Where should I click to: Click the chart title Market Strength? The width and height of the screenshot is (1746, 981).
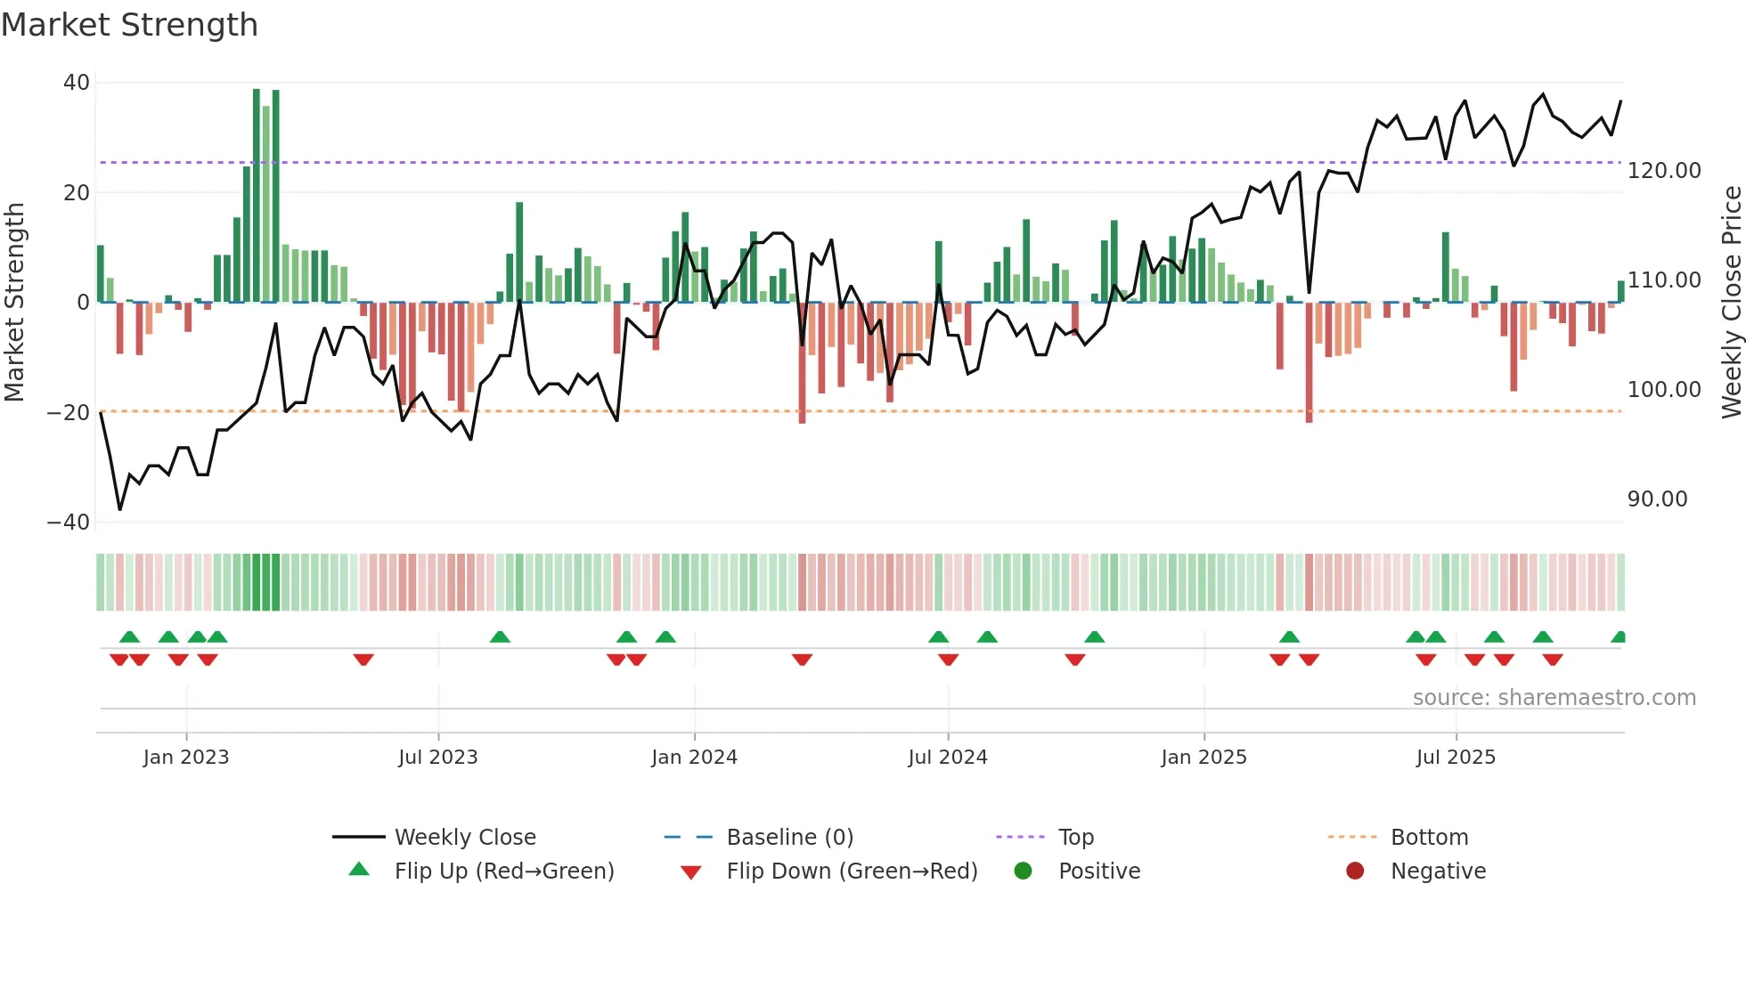pyautogui.click(x=129, y=25)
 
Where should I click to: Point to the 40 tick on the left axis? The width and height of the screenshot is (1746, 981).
pyautogui.click(x=77, y=83)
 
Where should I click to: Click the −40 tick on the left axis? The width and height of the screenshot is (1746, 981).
pyautogui.click(x=69, y=523)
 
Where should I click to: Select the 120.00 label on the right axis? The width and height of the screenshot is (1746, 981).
pyautogui.click(x=1663, y=170)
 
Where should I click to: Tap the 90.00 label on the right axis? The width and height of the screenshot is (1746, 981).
pyautogui.click(x=1657, y=499)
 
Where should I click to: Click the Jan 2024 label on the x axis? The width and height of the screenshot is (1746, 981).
pyautogui.click(x=694, y=758)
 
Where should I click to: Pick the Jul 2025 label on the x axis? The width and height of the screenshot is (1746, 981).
pyautogui.click(x=1456, y=758)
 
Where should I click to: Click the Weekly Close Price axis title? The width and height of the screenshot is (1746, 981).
pyautogui.click(x=1731, y=302)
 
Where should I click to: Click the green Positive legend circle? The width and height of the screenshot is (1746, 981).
pyautogui.click(x=1023, y=872)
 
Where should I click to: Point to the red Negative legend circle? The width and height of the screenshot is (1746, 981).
pyautogui.click(x=1355, y=872)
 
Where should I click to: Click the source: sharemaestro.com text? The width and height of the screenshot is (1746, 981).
pyautogui.click(x=1554, y=698)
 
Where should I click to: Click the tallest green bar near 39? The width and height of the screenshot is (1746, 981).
pyautogui.click(x=257, y=196)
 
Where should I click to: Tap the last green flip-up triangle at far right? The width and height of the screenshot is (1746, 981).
pyautogui.click(x=1619, y=637)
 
